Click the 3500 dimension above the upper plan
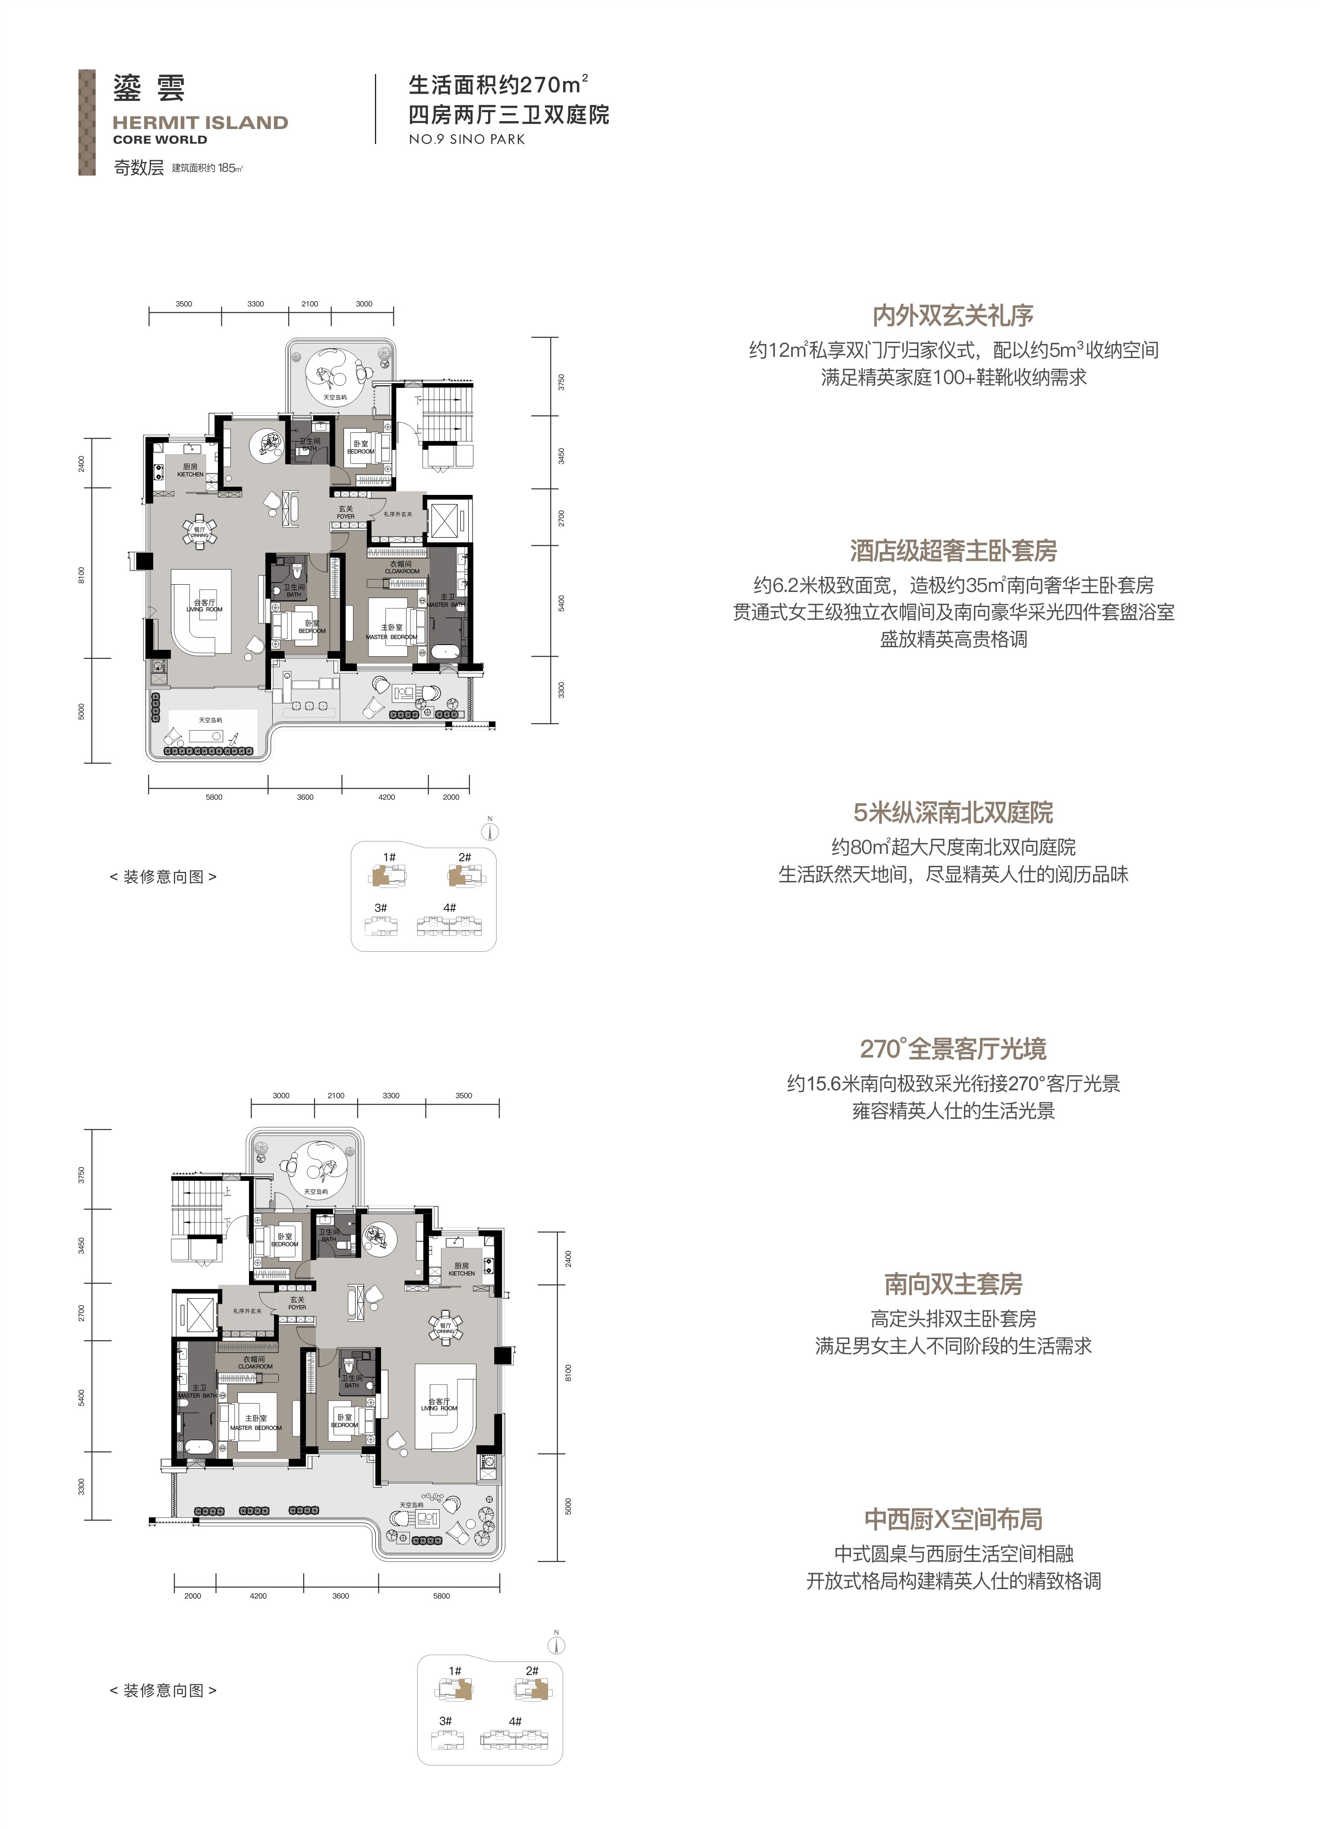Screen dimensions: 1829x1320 click(184, 304)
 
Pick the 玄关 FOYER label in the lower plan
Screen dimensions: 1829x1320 click(298, 1303)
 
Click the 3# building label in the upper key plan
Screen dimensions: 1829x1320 click(381, 908)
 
